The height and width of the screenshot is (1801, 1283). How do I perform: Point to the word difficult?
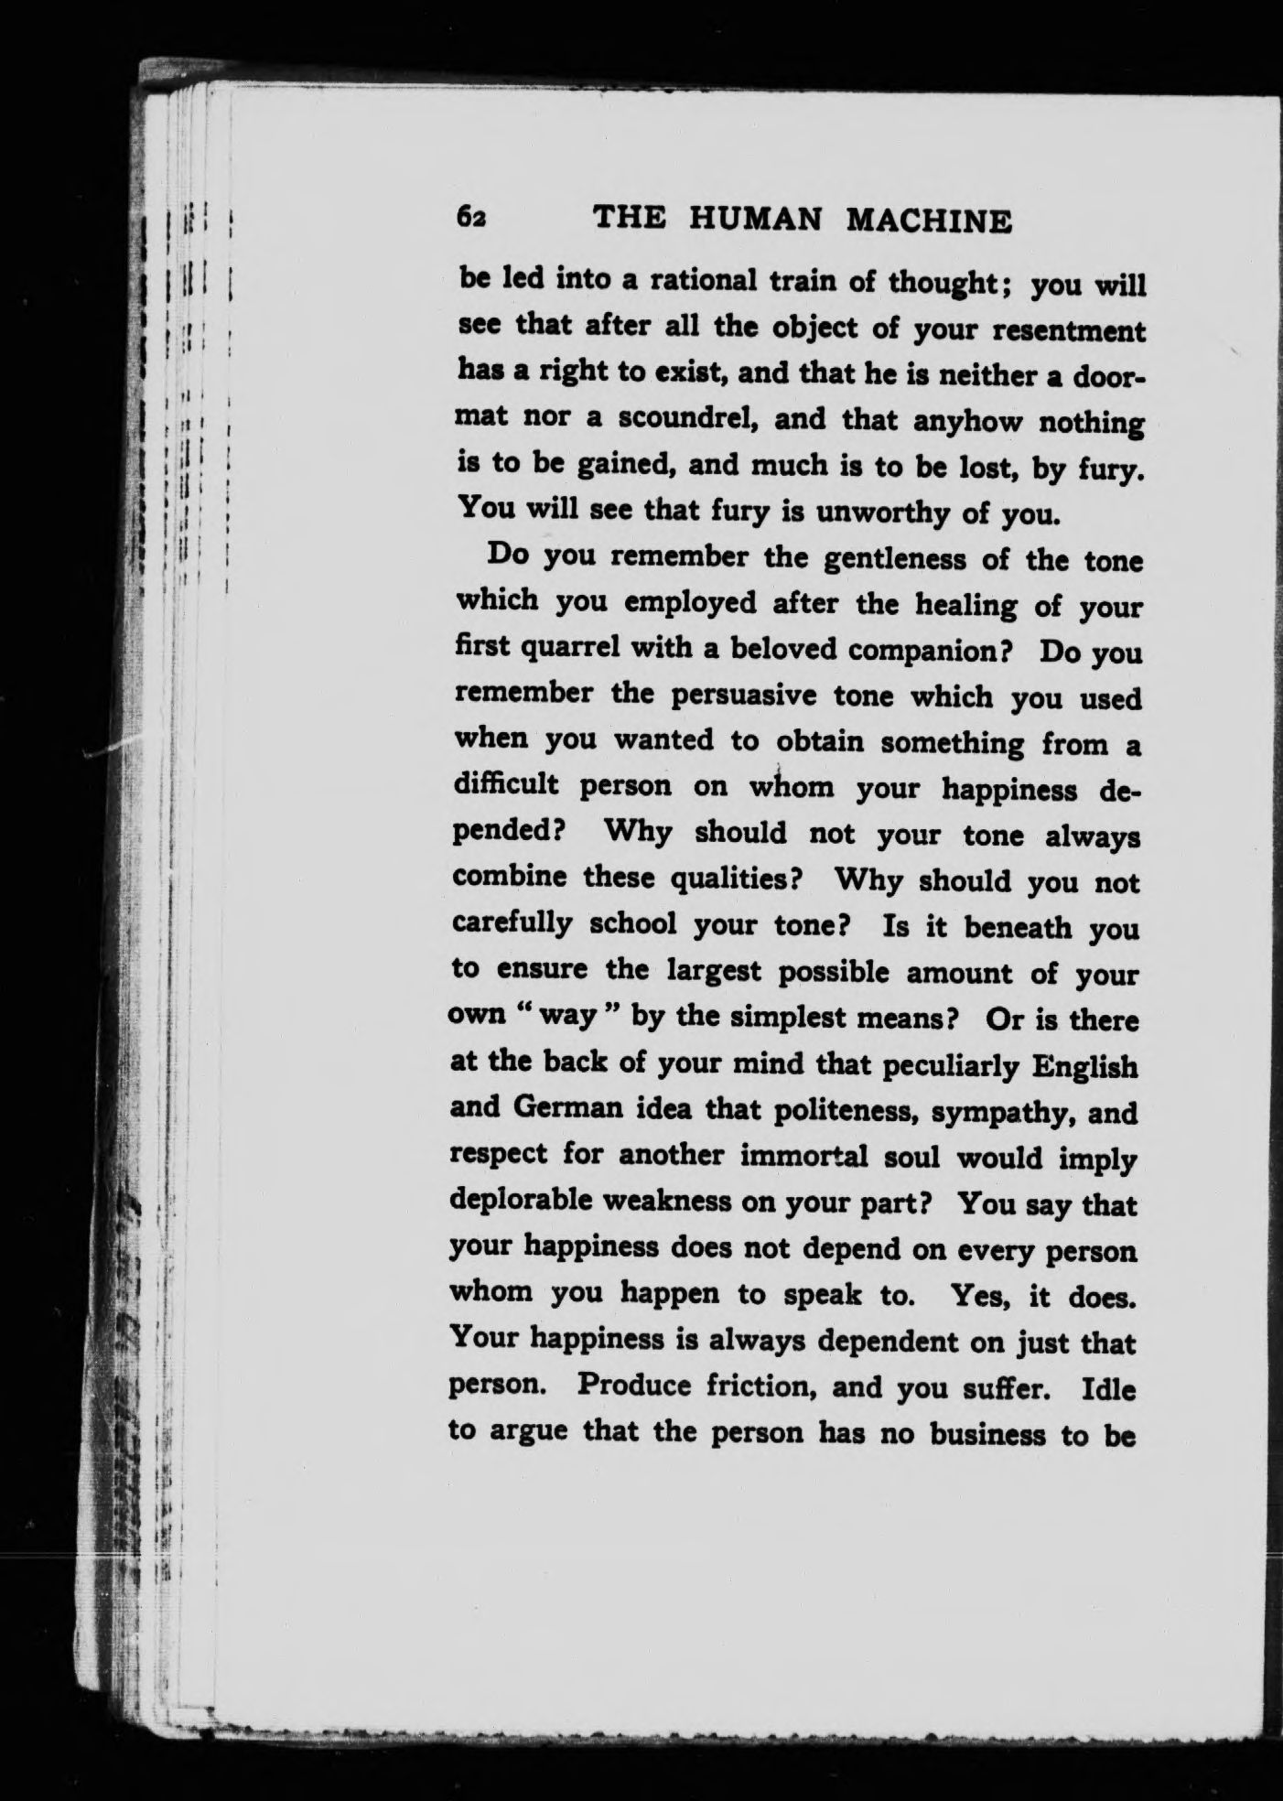pos(507,786)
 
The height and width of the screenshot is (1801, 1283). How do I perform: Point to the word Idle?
pos(1108,1389)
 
